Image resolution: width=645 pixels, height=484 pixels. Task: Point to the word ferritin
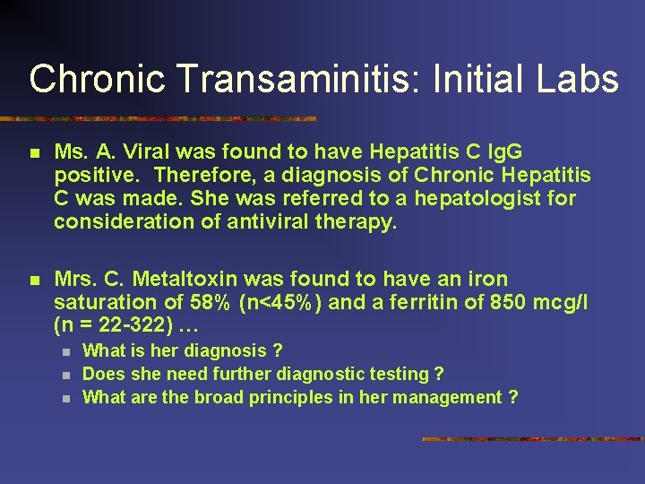point(426,302)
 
